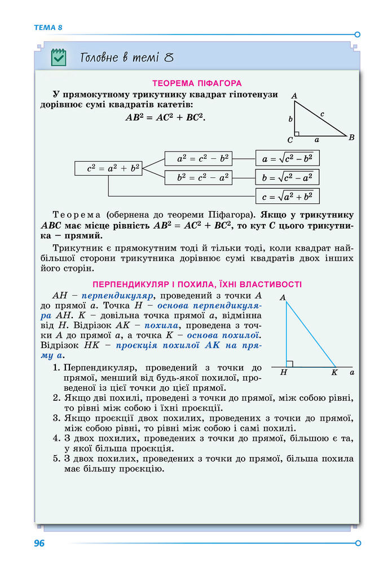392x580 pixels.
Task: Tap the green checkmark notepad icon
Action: [59, 57]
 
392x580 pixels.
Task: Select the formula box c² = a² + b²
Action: [107, 168]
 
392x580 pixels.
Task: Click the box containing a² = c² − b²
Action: [202, 159]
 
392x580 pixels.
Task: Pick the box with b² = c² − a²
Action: [202, 178]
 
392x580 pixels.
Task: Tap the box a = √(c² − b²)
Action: [287, 159]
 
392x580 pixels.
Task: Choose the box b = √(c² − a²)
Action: [287, 178]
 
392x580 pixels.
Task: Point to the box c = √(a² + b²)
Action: [287, 197]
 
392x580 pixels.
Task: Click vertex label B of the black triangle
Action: [351, 137]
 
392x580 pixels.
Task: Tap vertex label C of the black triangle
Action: [290, 140]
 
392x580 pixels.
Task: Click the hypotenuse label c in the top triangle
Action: [322, 114]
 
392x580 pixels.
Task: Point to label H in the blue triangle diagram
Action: [283, 372]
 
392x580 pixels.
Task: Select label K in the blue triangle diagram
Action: [334, 372]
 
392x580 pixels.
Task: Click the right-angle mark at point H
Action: [289, 364]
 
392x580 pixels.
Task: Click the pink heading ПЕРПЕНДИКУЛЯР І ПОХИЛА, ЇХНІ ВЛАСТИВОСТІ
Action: [196, 284]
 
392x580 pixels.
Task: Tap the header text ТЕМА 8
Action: [47, 27]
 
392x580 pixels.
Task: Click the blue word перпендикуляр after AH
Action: [117, 295]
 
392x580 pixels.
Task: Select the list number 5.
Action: [56, 458]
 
